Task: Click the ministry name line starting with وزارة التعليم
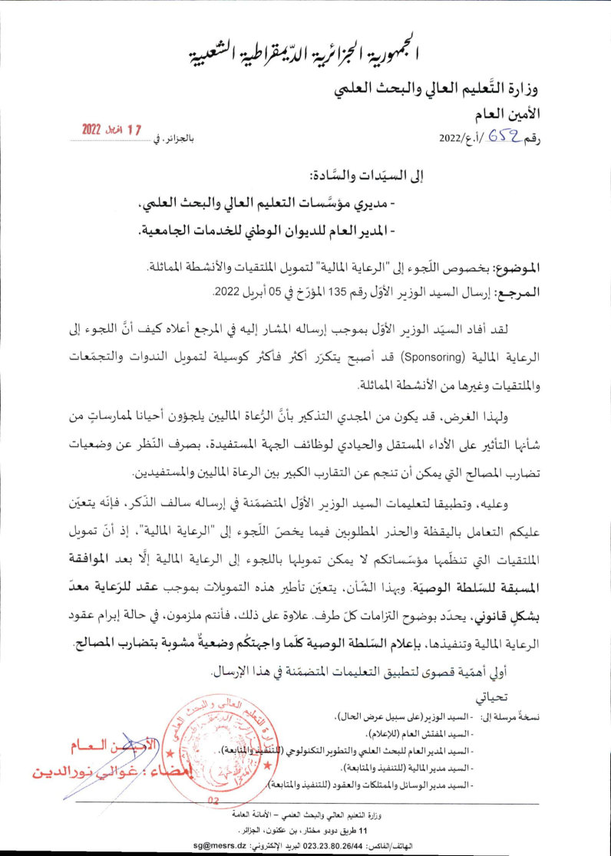438,91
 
